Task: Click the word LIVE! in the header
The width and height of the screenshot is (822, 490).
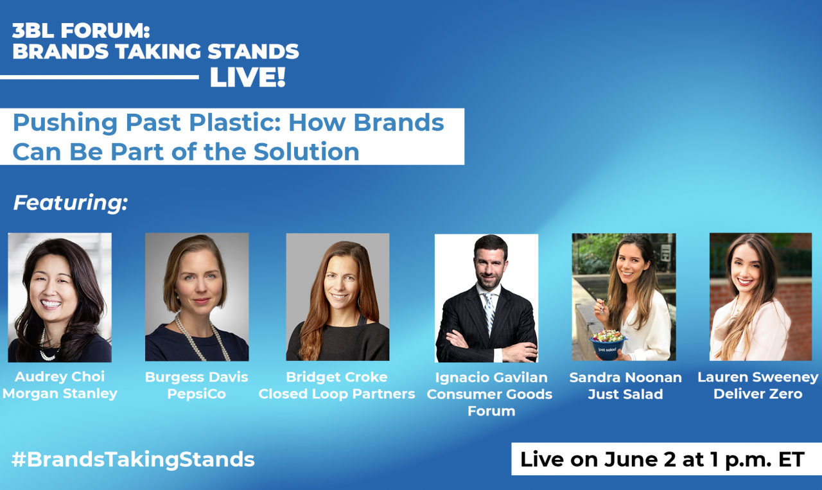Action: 248,78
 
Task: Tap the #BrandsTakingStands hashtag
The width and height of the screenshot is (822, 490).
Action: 133,460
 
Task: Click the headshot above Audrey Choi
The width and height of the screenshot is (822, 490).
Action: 60,297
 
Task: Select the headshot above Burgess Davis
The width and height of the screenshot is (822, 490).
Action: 197,297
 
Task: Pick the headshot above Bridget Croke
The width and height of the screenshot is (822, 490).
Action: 338,297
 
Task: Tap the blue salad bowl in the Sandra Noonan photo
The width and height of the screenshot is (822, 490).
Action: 608,347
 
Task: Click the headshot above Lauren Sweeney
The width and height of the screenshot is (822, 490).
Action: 761,297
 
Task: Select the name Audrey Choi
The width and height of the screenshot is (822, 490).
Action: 60,376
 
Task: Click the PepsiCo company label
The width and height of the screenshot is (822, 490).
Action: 197,394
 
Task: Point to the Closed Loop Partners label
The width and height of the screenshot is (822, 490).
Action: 337,394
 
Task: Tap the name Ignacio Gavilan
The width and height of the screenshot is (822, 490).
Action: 491,378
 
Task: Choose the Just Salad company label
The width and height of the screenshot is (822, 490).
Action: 625,394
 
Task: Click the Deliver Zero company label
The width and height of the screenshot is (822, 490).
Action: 758,394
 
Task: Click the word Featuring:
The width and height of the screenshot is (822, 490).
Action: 71,203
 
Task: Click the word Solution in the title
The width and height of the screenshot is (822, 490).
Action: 307,152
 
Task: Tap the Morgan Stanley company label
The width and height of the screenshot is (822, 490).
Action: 60,394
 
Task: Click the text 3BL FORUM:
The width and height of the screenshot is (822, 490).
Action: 81,30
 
